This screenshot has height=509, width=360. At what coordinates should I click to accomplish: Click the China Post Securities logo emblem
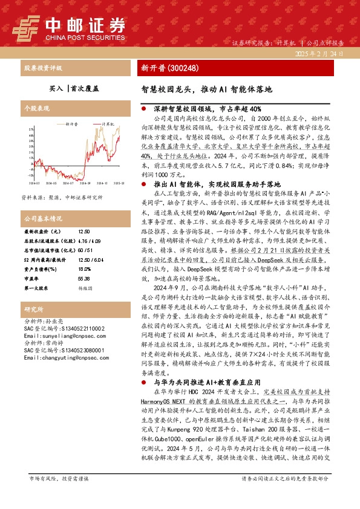[x=26, y=26]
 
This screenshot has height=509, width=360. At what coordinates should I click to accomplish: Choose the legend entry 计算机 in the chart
[x=109, y=123]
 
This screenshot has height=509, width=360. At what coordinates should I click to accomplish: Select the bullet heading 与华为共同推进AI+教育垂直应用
[x=207, y=417]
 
